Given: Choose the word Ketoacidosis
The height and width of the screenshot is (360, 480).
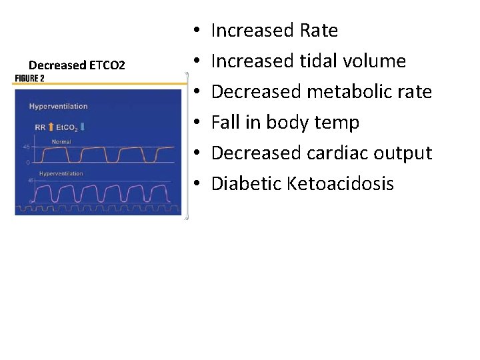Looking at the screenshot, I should click(x=341, y=184).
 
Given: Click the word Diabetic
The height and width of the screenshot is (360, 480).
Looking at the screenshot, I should click(x=246, y=184).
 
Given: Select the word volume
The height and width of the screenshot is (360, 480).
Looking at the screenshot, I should click(x=375, y=61).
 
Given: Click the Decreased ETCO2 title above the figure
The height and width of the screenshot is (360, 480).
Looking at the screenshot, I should click(x=77, y=65).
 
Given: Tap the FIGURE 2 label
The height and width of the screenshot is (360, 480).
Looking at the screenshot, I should click(x=30, y=78).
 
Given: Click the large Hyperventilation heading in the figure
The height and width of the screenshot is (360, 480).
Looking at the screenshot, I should click(x=59, y=107).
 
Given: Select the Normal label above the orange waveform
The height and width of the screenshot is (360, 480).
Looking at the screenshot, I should click(x=62, y=141).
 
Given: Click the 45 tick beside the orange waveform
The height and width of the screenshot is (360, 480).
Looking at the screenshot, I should click(x=27, y=147).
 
